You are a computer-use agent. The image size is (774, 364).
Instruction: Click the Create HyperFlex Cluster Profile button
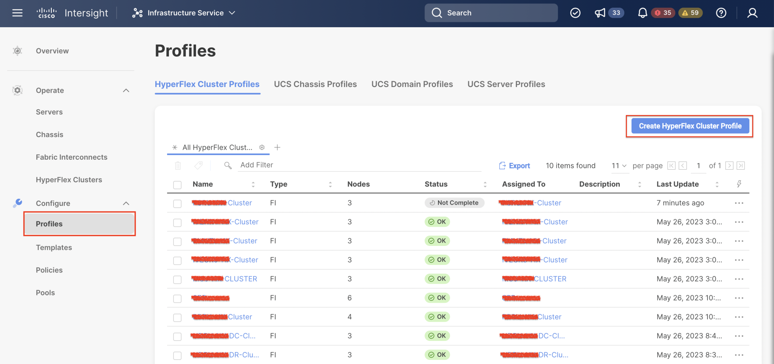690,126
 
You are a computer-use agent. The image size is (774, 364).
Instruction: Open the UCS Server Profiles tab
506,84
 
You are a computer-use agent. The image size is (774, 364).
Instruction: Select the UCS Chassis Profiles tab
315,84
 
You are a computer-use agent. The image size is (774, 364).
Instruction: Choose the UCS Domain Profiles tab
412,84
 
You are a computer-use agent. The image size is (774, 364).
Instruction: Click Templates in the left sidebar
54,247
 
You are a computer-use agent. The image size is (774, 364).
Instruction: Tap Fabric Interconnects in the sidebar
71,157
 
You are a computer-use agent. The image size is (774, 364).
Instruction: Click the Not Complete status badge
454,203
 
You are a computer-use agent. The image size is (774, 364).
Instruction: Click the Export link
515,166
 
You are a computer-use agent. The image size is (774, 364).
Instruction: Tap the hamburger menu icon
17,13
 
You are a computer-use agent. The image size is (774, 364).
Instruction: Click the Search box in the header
491,13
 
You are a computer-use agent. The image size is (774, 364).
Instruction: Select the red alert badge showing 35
663,13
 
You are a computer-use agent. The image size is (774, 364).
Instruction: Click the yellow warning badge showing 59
690,13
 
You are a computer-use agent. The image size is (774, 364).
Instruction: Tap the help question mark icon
721,13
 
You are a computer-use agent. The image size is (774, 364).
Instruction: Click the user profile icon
752,13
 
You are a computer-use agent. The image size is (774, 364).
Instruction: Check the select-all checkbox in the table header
177,185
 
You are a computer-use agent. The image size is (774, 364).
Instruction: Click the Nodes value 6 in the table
350,298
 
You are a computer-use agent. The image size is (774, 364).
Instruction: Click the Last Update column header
677,184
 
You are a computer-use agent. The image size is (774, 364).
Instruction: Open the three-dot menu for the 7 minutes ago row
739,203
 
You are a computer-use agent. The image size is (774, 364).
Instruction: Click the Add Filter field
359,165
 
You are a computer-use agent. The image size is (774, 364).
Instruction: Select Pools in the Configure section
45,292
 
